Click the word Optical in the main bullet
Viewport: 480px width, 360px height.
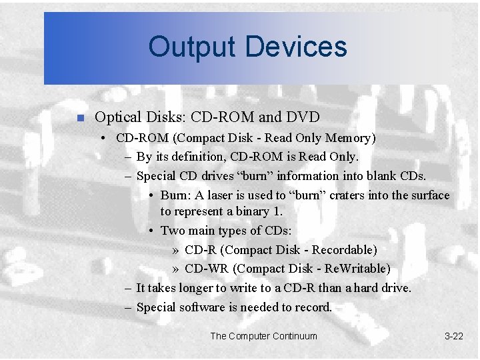tap(119, 117)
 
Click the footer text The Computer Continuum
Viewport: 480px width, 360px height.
tap(264, 336)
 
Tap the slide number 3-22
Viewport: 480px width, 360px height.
tap(453, 336)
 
